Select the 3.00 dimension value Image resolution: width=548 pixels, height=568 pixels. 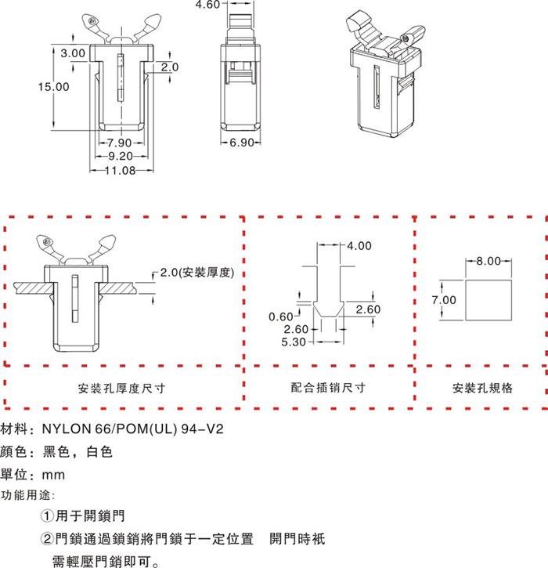pos(73,52)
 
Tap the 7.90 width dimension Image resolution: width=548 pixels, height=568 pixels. pos(118,143)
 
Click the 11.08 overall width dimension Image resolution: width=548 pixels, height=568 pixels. pos(120,170)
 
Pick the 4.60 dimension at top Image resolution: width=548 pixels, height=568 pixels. pos(207,5)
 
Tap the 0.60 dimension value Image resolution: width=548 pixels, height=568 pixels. pos(281,317)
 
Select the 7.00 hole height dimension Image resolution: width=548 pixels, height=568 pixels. pos(443,300)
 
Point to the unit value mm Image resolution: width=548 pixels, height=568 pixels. pos(54,475)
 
